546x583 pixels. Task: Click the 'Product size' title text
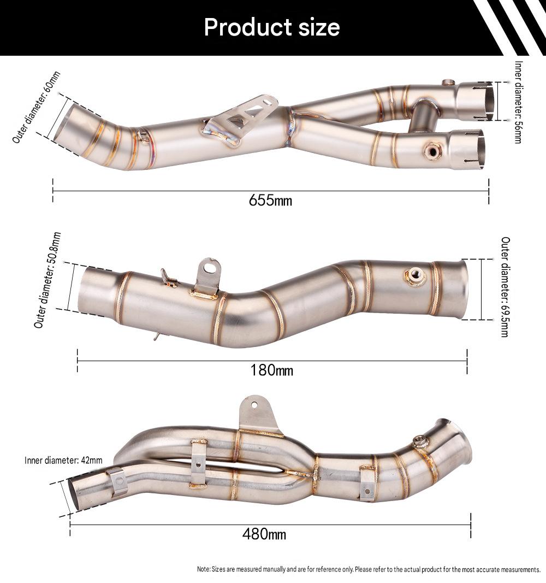tap(272, 27)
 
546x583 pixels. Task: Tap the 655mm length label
tap(270, 201)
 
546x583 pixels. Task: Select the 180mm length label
tap(271, 370)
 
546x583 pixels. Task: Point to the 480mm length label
tap(264, 534)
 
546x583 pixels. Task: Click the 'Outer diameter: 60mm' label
tap(36, 107)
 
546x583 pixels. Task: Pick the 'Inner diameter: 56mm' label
tap(519, 102)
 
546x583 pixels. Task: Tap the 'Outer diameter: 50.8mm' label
tap(47, 280)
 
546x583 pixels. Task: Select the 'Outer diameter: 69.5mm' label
tap(506, 287)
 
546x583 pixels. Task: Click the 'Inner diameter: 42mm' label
tap(63, 460)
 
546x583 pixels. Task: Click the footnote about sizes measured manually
tap(369, 569)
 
